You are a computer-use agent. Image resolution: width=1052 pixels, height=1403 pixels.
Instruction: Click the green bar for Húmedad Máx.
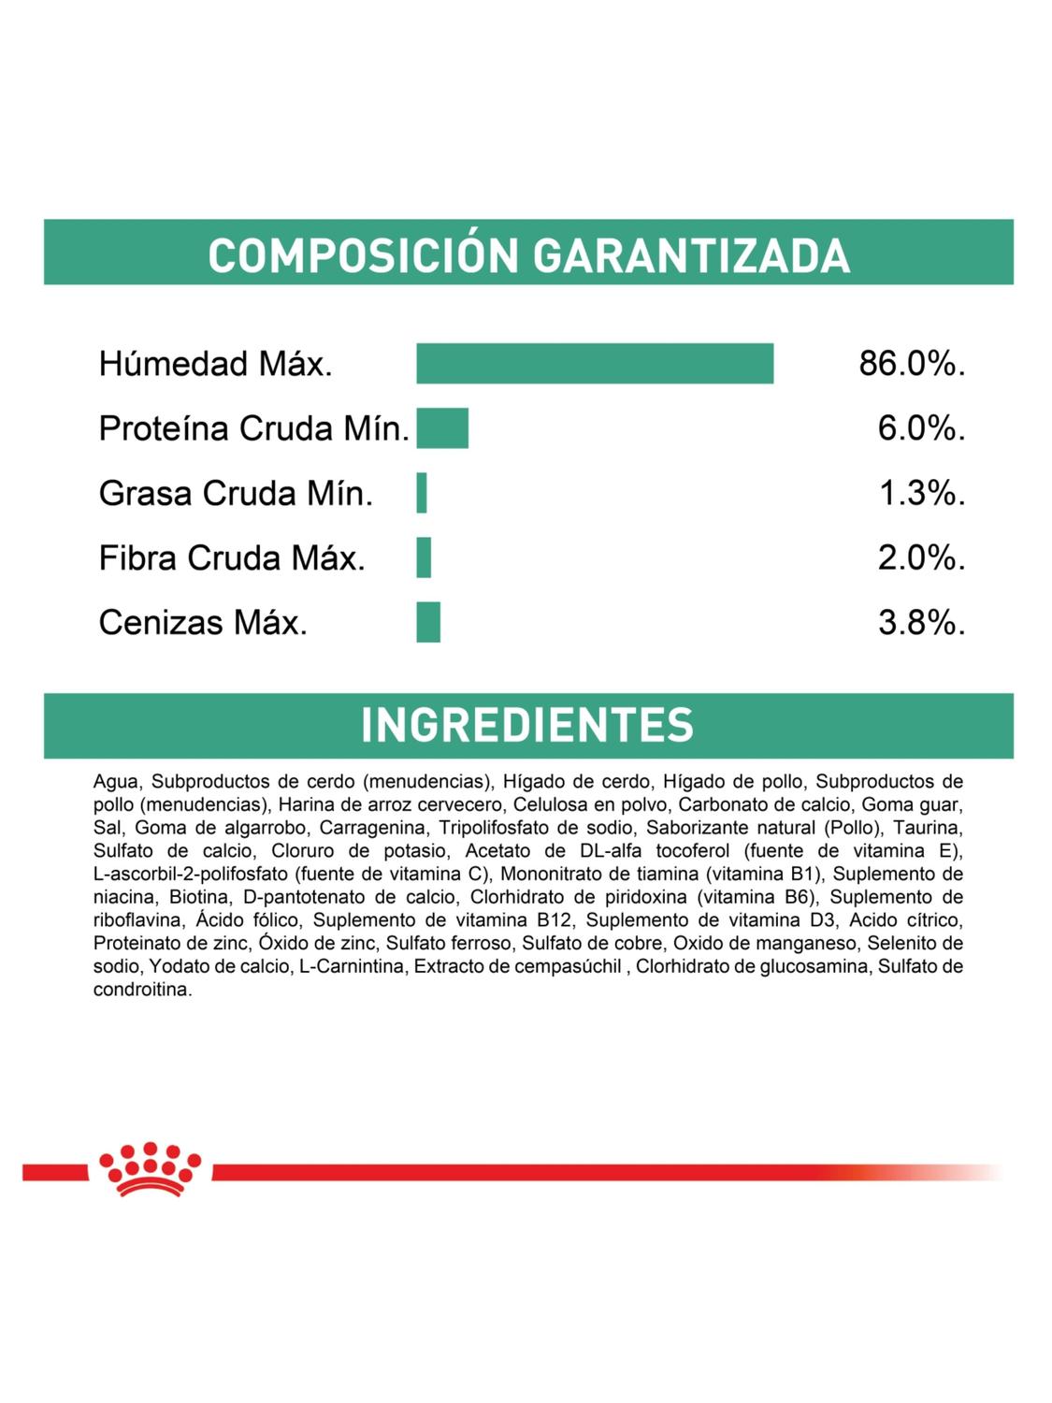pos(595,364)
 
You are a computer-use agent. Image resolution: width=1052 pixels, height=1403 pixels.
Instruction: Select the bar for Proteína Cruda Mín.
pos(442,428)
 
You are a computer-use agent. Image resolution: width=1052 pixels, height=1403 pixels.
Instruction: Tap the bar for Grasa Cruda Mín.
pos(422,493)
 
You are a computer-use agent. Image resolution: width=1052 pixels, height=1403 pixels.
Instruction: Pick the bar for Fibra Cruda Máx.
pos(424,557)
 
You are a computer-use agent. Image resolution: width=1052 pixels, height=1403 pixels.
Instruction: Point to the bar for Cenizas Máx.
pos(428,622)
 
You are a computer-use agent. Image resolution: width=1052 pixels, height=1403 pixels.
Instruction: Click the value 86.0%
pos(912,364)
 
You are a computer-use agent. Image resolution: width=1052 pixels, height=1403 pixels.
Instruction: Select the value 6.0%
pos(921,428)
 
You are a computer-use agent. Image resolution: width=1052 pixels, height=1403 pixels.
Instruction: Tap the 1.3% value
pos(921,493)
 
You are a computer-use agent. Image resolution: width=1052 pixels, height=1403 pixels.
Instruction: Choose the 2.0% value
pos(921,557)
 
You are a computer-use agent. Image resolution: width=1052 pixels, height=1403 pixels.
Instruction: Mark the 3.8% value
pos(921,622)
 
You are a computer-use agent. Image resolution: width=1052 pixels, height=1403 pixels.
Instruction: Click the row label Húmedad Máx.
pos(216,364)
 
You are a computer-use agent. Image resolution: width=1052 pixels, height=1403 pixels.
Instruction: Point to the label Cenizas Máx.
pos(203,622)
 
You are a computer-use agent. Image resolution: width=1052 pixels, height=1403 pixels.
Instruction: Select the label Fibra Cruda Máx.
pos(232,557)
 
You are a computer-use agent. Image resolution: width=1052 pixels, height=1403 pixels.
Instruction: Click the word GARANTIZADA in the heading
pos(691,255)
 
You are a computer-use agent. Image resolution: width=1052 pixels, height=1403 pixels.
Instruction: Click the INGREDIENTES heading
pos(527,725)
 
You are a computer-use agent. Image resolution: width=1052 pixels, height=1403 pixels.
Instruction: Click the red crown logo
pos(150,1168)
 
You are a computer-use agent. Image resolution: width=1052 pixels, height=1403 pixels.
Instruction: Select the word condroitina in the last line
pos(142,991)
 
